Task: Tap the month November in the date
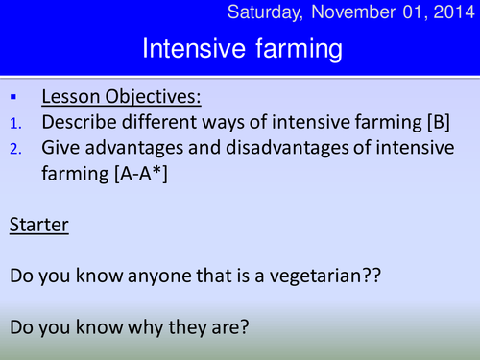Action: pyautogui.click(x=360, y=12)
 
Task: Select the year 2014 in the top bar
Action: pyautogui.click(x=449, y=12)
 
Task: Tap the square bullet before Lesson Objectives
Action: pyautogui.click(x=13, y=99)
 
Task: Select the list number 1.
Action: pyautogui.click(x=13, y=123)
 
